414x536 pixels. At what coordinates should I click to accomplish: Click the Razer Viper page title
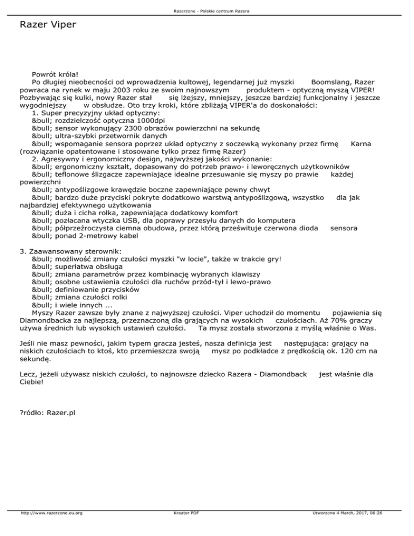[x=47, y=25]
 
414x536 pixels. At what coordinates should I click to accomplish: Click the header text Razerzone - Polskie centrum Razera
[x=206, y=11]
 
